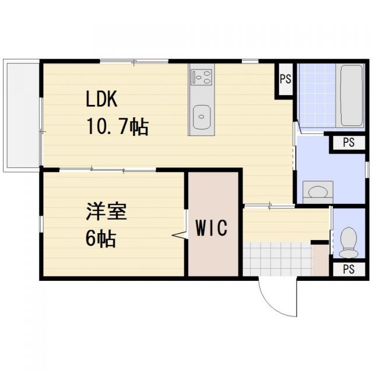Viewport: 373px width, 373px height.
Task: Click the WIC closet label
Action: [x=211, y=228]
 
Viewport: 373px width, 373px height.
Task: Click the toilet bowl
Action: [x=349, y=241]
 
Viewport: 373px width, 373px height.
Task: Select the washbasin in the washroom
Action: [x=318, y=191]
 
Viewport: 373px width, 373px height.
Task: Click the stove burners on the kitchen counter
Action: [x=202, y=76]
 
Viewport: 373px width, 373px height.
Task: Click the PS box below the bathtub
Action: [x=348, y=143]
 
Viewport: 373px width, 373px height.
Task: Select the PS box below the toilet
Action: [x=349, y=269]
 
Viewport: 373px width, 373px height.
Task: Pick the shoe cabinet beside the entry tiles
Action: [x=321, y=259]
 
